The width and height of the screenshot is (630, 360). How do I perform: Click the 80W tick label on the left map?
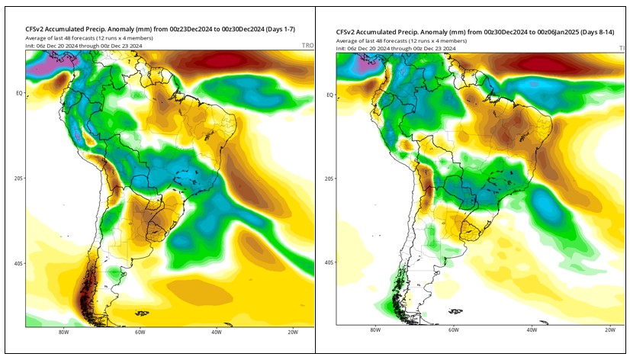click(x=63, y=333)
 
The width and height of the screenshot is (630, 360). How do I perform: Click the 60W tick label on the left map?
click(x=140, y=333)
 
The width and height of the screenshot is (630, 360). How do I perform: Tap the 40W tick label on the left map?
click(x=217, y=333)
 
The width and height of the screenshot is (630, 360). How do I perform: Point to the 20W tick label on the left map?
click(x=294, y=333)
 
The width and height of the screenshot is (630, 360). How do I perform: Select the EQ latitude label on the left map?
click(x=18, y=93)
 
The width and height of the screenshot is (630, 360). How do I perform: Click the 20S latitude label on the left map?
click(x=17, y=178)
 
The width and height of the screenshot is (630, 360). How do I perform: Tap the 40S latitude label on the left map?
click(x=17, y=263)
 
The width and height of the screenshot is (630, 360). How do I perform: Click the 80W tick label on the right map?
click(x=374, y=330)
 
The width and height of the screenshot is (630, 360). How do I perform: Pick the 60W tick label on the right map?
click(x=453, y=330)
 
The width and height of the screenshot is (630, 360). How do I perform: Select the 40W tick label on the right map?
click(x=531, y=330)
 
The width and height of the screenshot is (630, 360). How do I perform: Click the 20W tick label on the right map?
click(x=609, y=330)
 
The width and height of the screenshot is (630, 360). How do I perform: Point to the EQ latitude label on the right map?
click(x=329, y=95)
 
